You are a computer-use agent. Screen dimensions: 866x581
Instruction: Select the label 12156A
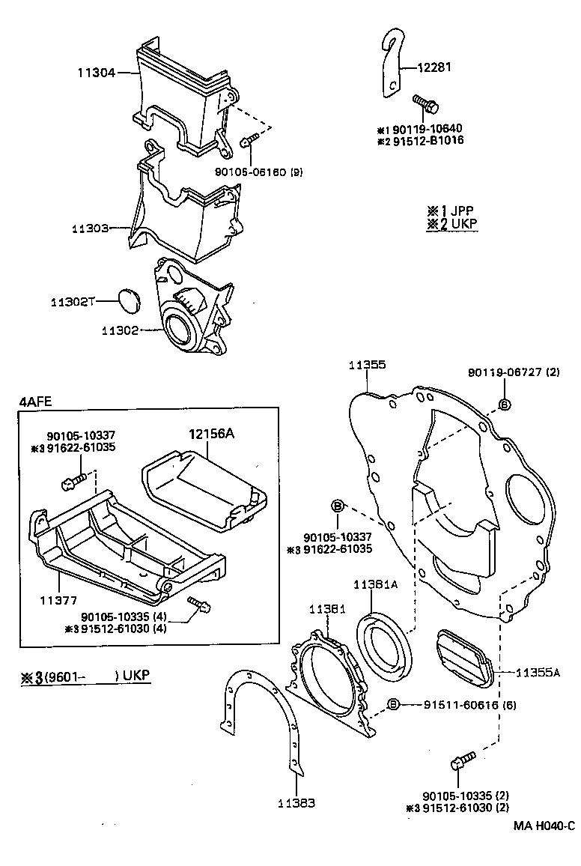(x=212, y=434)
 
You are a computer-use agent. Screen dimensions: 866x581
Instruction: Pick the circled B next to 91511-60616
(x=394, y=705)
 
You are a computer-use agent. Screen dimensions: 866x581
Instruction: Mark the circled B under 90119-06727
(x=504, y=405)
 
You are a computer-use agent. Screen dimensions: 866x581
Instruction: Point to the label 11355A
(x=537, y=673)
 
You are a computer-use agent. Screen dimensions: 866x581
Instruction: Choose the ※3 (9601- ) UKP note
(x=85, y=676)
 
